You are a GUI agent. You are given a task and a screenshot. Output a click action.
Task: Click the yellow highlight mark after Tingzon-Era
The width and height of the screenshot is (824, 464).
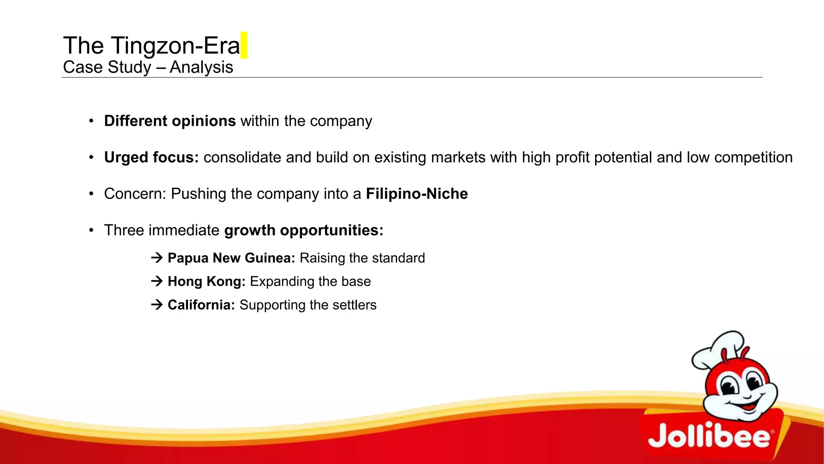243,45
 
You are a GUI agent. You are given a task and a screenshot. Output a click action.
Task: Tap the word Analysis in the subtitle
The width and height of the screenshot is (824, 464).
201,67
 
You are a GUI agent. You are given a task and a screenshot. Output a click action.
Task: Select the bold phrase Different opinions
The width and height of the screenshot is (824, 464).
170,121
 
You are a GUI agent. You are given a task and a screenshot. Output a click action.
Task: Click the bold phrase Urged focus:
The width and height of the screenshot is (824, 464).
151,157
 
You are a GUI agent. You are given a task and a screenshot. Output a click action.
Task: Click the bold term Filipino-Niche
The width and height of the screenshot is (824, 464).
417,194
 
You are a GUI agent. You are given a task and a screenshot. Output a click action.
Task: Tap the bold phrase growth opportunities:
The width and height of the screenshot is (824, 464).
304,230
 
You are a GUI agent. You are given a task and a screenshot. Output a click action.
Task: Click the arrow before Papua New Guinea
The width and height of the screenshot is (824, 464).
157,257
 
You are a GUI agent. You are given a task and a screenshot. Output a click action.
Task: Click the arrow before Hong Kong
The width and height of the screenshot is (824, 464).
157,281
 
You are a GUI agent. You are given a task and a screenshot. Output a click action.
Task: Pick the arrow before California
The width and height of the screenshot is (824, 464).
157,304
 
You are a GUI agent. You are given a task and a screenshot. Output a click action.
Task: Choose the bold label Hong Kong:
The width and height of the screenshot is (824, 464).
206,281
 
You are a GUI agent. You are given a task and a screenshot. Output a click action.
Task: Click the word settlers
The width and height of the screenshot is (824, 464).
354,305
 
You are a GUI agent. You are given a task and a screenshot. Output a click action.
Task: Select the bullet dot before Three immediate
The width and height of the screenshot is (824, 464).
91,230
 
